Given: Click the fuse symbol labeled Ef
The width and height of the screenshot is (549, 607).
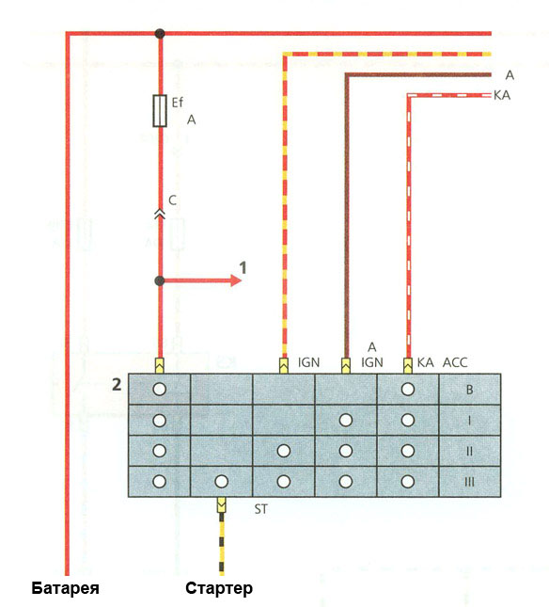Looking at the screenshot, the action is [x=160, y=111].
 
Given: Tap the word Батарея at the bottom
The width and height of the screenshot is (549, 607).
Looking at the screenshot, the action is [x=65, y=588].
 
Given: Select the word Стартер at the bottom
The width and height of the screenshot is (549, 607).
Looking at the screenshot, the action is [x=219, y=588].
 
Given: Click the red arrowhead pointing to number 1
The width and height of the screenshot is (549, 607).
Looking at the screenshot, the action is [x=236, y=280].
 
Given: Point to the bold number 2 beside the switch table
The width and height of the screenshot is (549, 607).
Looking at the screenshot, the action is [x=117, y=385].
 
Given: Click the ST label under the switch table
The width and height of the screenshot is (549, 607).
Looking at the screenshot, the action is [x=261, y=509].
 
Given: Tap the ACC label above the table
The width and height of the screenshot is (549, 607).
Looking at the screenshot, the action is [x=455, y=362].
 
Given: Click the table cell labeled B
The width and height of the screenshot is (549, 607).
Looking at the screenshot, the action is [x=470, y=390].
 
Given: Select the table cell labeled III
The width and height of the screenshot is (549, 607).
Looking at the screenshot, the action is [x=470, y=482].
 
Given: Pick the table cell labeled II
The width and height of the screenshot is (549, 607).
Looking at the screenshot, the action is [x=470, y=451].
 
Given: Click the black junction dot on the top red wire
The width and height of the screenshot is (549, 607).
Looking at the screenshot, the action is [x=160, y=34].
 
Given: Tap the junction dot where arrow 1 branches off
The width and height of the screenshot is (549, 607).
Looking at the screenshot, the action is [x=160, y=280].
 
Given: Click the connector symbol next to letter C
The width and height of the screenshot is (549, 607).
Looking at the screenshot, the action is [x=160, y=214].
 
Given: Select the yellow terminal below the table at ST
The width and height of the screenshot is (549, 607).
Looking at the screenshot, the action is [x=222, y=504].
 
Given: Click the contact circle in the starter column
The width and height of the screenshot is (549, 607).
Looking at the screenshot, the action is [x=222, y=482].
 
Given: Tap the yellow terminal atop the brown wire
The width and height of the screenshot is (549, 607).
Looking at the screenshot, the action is [x=346, y=366].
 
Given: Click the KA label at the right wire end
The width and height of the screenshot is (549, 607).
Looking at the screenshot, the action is [x=502, y=95].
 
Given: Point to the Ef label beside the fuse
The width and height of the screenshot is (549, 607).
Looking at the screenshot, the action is [x=177, y=103].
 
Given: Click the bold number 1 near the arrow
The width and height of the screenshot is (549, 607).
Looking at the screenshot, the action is [x=243, y=267].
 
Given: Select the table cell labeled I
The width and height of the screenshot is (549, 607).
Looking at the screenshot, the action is [x=470, y=421].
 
